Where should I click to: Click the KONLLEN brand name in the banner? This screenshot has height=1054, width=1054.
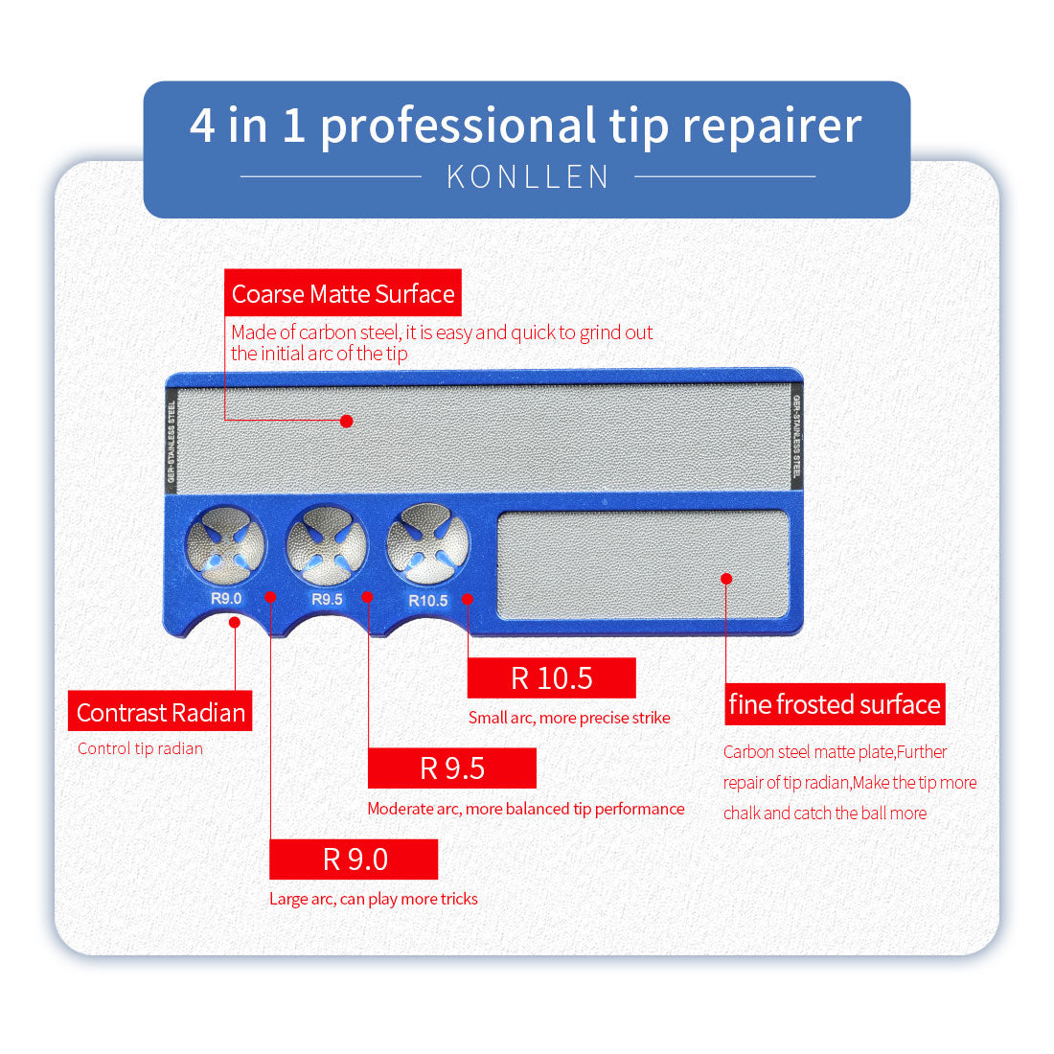[x=528, y=177]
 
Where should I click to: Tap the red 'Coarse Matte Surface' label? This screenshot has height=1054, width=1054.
[x=343, y=293]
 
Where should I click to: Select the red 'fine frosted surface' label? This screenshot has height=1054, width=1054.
[x=835, y=704]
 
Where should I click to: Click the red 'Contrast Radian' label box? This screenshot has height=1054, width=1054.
[x=160, y=712]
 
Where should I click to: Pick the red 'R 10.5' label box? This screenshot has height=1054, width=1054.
[x=551, y=678]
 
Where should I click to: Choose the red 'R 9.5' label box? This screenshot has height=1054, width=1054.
[x=451, y=768]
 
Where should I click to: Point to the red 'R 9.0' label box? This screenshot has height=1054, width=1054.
[x=354, y=859]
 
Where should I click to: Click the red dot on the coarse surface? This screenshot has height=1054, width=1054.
[x=347, y=421]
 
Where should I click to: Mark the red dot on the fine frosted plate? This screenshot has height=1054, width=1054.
[x=726, y=579]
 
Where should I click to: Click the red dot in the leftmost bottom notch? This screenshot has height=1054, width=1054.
[x=235, y=622]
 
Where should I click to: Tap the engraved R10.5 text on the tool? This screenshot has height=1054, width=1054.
[x=427, y=601]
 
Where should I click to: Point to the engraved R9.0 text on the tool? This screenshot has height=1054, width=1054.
[x=226, y=599]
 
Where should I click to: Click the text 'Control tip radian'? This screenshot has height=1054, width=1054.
[x=140, y=748]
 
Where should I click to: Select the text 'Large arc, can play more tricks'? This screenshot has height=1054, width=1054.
[x=373, y=899]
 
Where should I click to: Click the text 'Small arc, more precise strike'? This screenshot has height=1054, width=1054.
[x=569, y=718]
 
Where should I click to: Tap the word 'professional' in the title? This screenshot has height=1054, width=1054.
[x=458, y=126]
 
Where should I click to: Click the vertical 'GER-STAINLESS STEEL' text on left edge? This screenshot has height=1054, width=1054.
[x=172, y=440]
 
